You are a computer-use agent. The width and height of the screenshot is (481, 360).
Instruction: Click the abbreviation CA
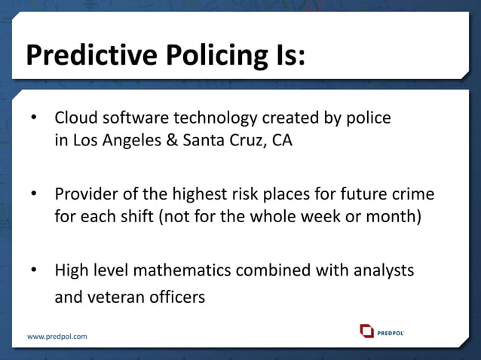coord(280,142)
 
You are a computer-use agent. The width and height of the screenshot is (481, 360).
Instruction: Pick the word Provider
coord(85,194)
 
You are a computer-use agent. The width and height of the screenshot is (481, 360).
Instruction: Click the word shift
coord(155,218)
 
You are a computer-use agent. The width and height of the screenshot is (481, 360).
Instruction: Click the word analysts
coord(381,270)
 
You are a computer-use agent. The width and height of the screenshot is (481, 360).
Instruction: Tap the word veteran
coord(115,297)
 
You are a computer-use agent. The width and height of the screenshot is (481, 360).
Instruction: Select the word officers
coord(176,297)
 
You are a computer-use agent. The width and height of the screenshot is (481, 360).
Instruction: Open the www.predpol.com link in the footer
coord(57,336)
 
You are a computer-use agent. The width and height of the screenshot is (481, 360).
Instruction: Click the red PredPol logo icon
coord(366,331)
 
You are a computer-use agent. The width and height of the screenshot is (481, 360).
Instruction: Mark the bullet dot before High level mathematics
coord(33,270)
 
